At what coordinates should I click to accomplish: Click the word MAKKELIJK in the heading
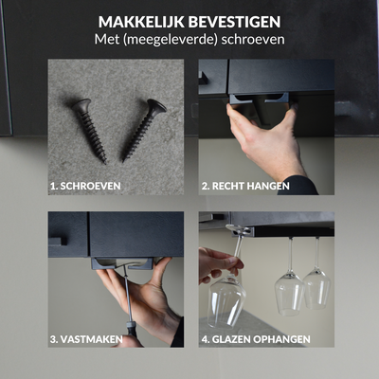tap(141, 22)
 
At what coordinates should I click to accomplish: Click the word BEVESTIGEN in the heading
tap(234, 22)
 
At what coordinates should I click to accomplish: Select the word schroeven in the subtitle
tap(253, 40)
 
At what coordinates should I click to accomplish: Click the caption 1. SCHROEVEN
tap(85, 186)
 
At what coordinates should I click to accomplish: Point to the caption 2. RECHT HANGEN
tap(245, 186)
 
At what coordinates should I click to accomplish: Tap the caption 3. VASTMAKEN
tap(86, 339)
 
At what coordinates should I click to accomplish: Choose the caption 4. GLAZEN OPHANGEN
tap(256, 339)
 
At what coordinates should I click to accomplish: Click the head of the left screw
tap(81, 105)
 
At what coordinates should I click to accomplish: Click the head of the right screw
tap(156, 106)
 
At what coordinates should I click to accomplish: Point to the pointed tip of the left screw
tap(105, 163)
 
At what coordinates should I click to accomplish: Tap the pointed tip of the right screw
tap(123, 161)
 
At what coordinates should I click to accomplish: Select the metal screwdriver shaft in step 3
tap(126, 296)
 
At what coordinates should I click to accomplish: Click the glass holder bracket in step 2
tap(259, 99)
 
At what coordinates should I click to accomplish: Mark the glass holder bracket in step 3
tap(123, 263)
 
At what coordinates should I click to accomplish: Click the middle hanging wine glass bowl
tap(289, 294)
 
